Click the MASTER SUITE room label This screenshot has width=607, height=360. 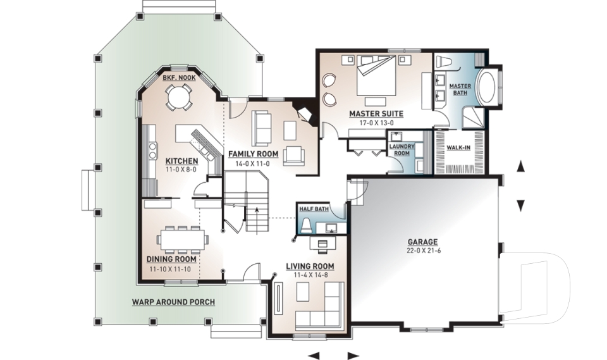[x=376, y=113]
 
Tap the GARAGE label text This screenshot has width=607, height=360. [x=423, y=242]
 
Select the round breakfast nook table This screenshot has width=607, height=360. [x=178, y=97]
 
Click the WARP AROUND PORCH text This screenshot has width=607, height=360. [x=173, y=302]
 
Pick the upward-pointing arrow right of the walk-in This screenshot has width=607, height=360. [x=520, y=166]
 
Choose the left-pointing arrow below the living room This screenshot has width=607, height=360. [x=314, y=355]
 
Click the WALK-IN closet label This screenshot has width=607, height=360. [x=458, y=147]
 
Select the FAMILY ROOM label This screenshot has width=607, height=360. [x=253, y=154]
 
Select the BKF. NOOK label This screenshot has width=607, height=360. [x=179, y=78]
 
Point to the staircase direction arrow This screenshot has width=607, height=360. [x=256, y=209]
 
